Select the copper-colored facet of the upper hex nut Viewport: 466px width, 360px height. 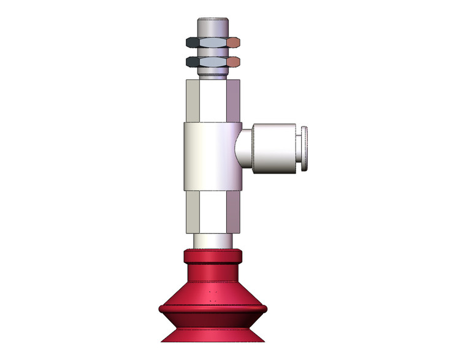234,43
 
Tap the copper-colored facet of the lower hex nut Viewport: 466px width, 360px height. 234,62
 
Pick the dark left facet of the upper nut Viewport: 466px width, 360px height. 192,43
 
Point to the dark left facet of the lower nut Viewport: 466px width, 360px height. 192,62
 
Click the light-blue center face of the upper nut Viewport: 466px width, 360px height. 213,43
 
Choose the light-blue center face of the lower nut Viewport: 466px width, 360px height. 213,62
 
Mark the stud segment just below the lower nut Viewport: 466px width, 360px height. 213,74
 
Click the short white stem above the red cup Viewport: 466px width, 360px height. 213,241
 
